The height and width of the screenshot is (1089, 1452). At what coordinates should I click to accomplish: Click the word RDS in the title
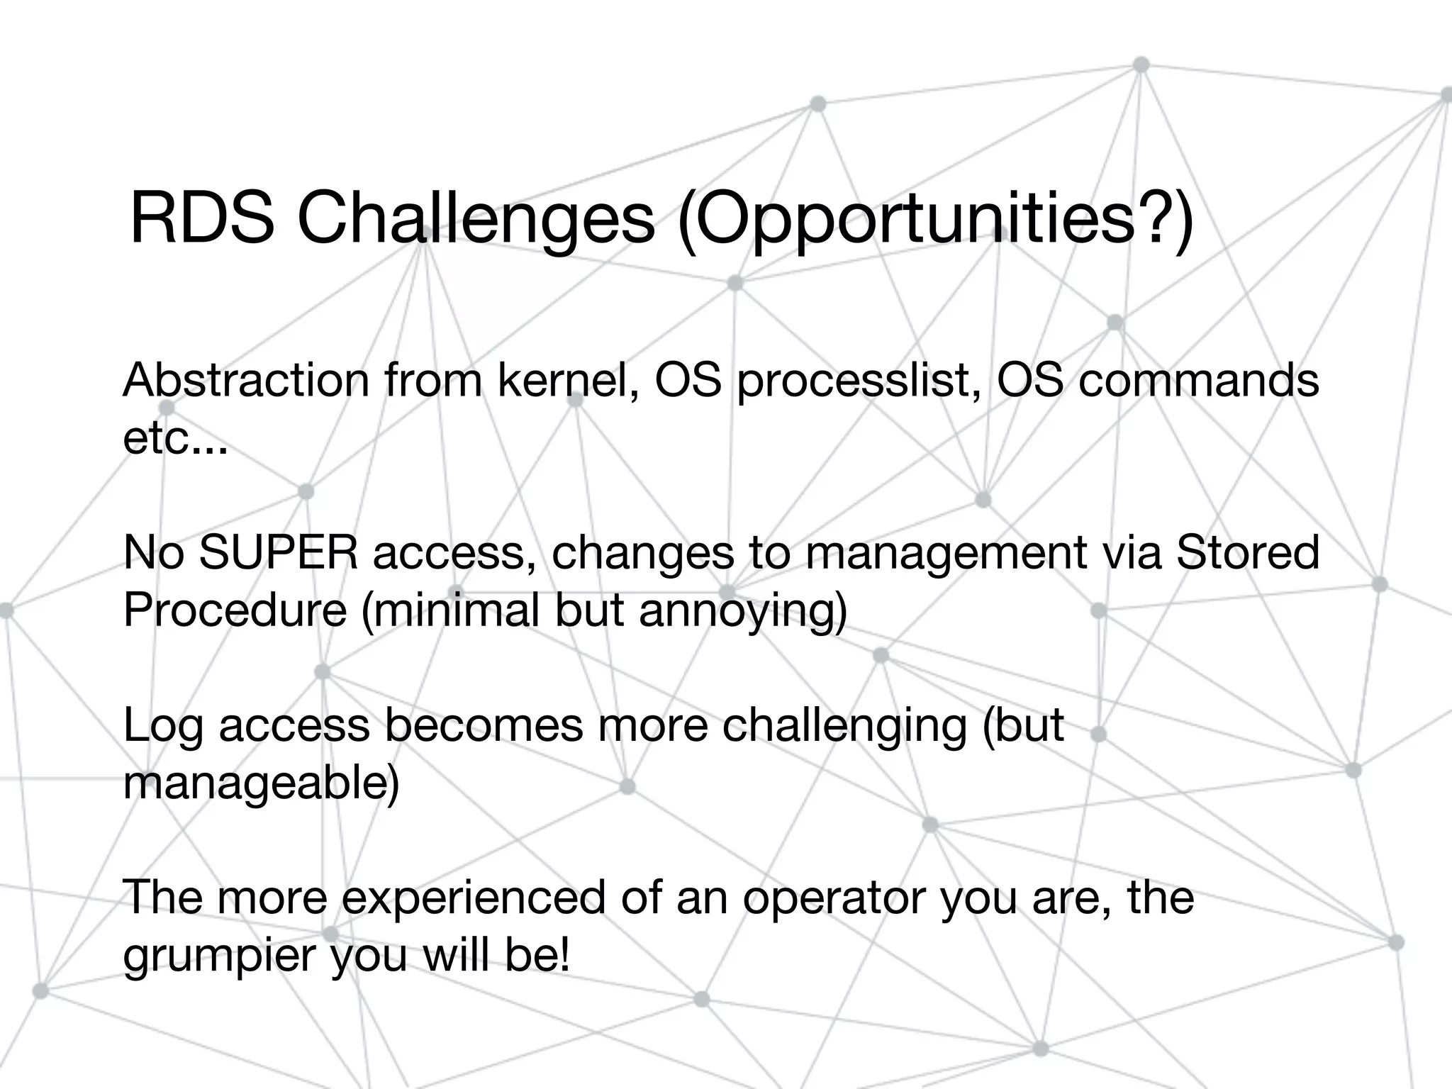click(x=201, y=219)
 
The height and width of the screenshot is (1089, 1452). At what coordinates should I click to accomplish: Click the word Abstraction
click(x=245, y=380)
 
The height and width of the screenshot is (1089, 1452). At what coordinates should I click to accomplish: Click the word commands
click(x=1198, y=380)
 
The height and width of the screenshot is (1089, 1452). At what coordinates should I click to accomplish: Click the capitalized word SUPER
click(x=279, y=553)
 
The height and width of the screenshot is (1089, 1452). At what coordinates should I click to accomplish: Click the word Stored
click(x=1248, y=553)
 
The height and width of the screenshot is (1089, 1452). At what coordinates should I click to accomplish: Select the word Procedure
click(x=235, y=610)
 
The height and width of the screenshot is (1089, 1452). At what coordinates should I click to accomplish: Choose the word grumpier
click(x=220, y=956)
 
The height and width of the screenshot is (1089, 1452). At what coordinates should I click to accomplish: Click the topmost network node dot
click(x=1141, y=65)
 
